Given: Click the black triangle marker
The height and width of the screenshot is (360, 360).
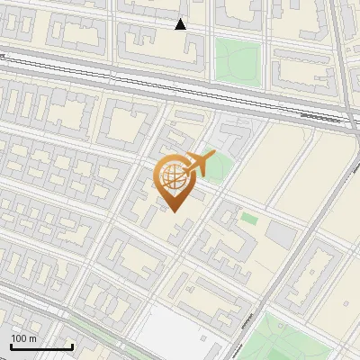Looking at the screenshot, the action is (x=181, y=24).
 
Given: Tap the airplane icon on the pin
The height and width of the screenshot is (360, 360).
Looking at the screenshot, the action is (x=197, y=165).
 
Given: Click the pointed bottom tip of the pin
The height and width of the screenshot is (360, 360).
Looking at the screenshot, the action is (x=175, y=211).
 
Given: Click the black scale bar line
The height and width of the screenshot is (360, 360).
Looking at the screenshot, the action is (x=41, y=346).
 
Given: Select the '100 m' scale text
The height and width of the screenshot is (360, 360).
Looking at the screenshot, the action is (x=24, y=338).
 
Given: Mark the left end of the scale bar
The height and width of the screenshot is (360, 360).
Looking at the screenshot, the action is (x=12, y=346).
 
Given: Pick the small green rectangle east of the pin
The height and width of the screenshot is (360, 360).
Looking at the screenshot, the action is (x=249, y=218).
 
